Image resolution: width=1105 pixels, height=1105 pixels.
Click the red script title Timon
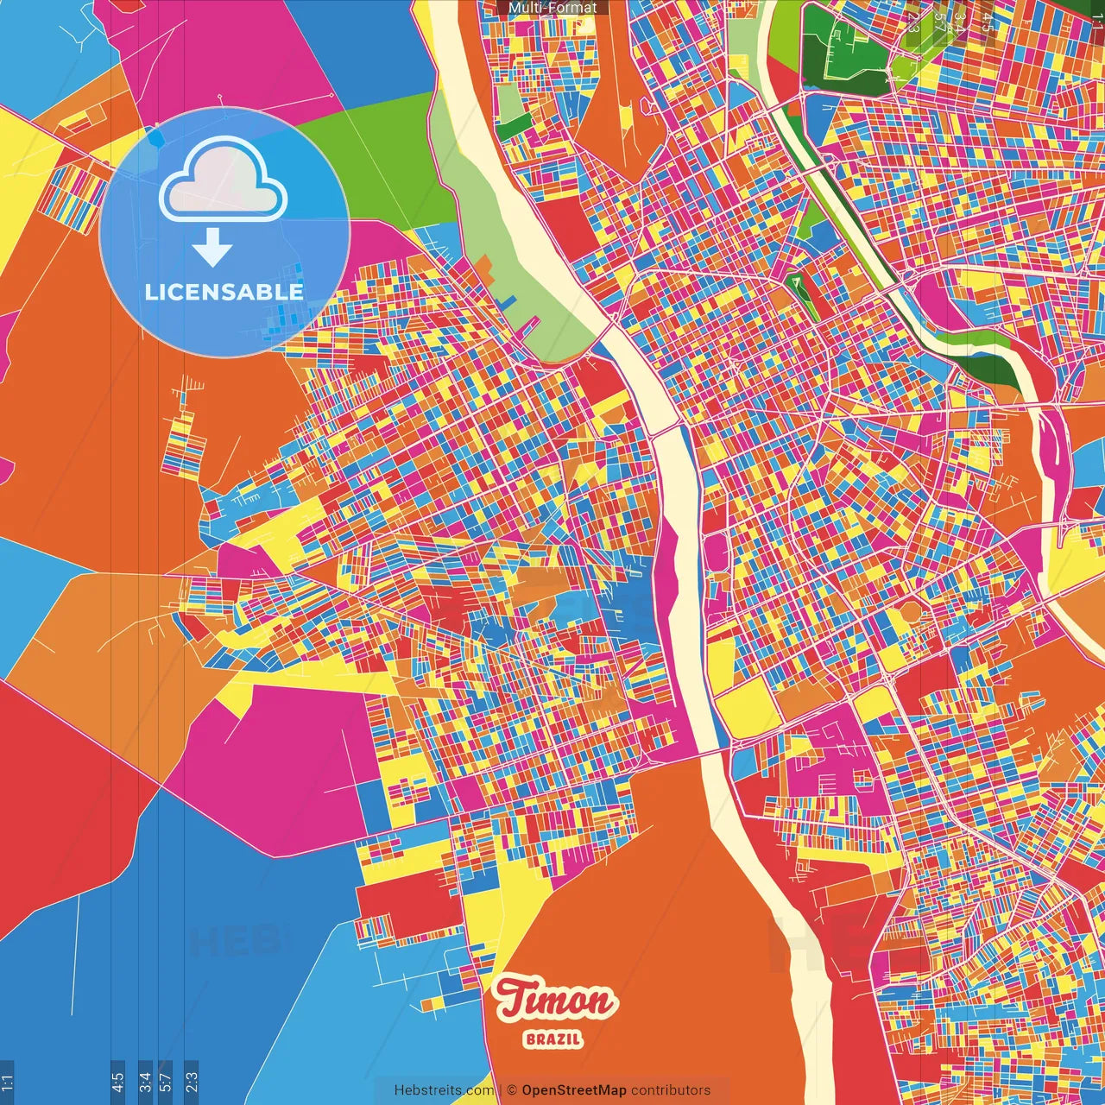pos(555,1001)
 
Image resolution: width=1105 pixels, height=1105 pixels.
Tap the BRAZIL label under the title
pos(552,1039)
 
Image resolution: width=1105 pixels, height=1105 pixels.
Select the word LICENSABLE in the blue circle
pos(224,292)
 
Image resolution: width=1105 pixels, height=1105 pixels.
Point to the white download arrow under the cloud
pos(212,248)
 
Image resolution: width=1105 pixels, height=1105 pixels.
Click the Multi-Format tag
pos(552,8)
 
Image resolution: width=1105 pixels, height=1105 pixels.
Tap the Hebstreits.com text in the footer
pos(445,1090)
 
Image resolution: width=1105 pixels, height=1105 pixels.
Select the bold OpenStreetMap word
pos(574,1090)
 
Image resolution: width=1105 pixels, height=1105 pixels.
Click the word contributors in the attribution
pos(671,1090)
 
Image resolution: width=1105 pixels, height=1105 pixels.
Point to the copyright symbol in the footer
pos(512,1090)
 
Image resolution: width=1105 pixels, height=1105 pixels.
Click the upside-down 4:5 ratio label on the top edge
pos(988,21)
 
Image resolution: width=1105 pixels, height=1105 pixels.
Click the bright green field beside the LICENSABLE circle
pos(388,160)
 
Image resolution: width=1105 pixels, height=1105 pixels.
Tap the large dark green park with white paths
pos(842,47)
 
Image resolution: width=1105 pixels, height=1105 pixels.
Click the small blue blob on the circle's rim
pos(155,137)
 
